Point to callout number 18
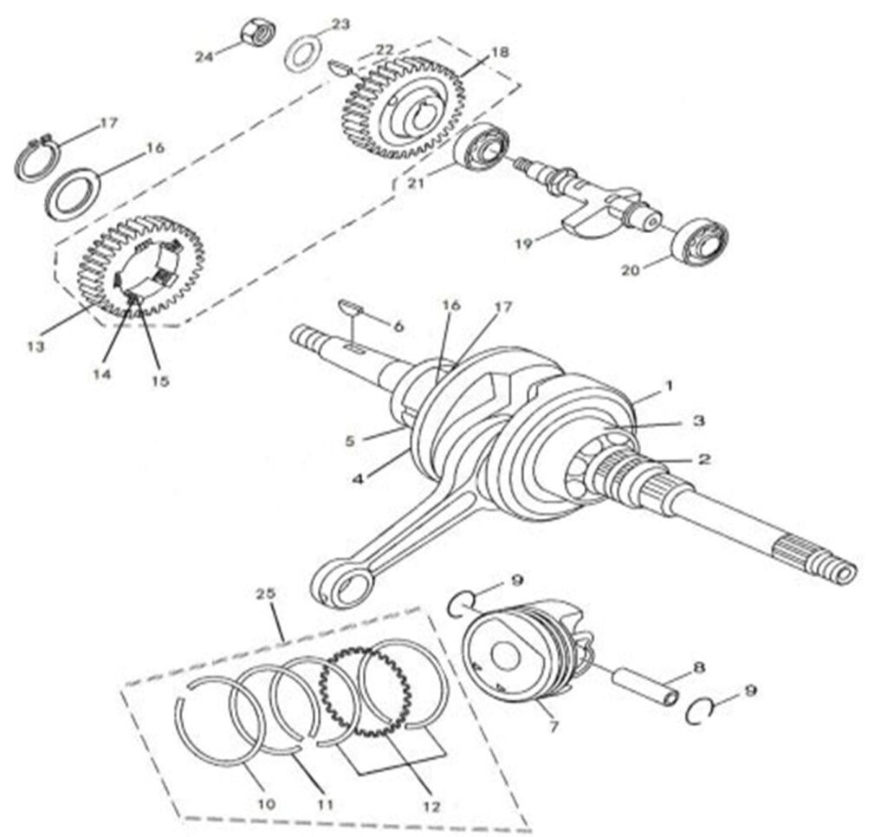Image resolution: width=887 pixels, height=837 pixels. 500,52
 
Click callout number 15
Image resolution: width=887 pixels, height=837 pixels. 160,380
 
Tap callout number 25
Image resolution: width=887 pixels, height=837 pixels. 266,594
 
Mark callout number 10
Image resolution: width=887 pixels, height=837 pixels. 267,804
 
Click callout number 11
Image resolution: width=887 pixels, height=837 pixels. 325,804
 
